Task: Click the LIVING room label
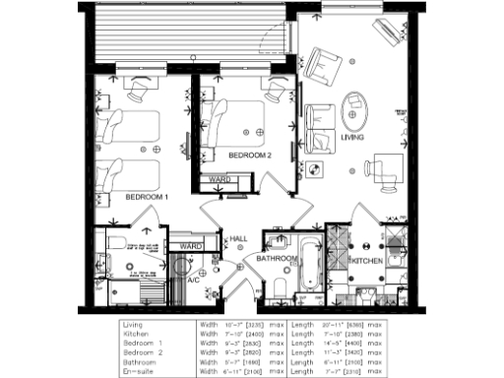352,140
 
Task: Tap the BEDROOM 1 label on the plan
147,197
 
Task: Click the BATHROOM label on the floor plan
278,259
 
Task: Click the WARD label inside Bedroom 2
220,179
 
